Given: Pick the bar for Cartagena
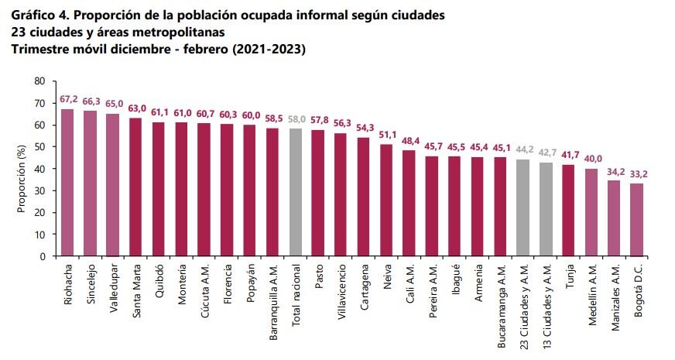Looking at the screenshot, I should [363, 197].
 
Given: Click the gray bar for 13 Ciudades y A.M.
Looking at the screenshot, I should [545, 209].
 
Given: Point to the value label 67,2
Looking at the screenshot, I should [68, 101].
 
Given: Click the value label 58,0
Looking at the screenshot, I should [295, 121].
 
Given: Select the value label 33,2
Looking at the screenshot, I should [636, 175].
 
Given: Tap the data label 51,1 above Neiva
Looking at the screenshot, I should [386, 136].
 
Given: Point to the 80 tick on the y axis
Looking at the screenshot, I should [39, 81].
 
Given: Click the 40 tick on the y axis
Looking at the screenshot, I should [39, 169].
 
